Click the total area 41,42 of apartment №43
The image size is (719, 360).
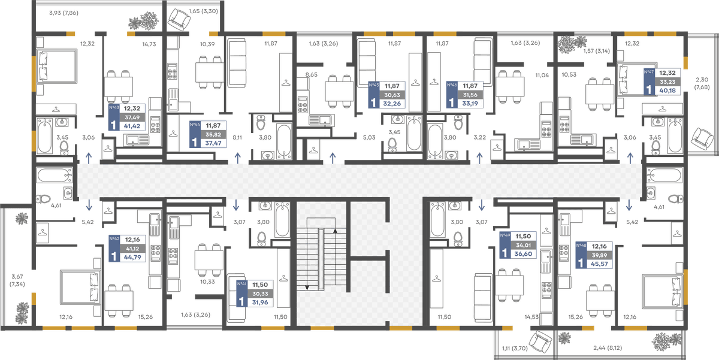(132, 126)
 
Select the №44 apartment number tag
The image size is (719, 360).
(195, 125)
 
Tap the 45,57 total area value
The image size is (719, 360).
(599, 264)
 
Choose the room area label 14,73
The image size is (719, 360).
(149, 44)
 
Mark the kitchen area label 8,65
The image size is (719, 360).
(312, 75)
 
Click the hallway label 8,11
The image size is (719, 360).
(237, 138)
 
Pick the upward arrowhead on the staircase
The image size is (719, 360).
(335, 231)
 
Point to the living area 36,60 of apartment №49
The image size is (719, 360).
(523, 254)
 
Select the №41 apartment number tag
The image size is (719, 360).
(241, 284)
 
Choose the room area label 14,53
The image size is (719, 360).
(531, 317)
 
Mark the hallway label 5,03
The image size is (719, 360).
(369, 138)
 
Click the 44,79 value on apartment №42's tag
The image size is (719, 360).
(132, 258)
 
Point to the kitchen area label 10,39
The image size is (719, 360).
(207, 44)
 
